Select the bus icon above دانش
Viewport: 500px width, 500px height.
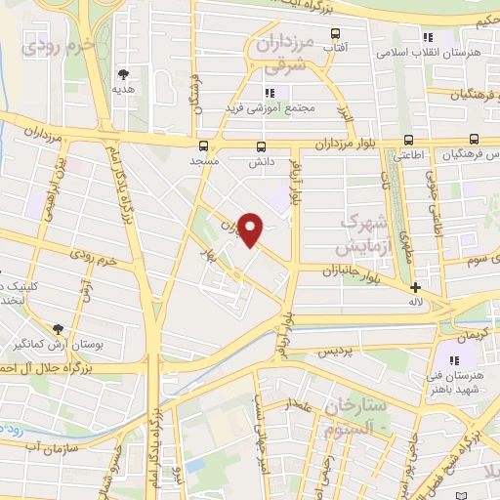coord(260,146)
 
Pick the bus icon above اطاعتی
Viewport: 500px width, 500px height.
coord(402,140)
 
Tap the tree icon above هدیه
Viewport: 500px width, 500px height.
coord(123,73)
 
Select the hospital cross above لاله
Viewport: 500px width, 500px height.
coord(417,287)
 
